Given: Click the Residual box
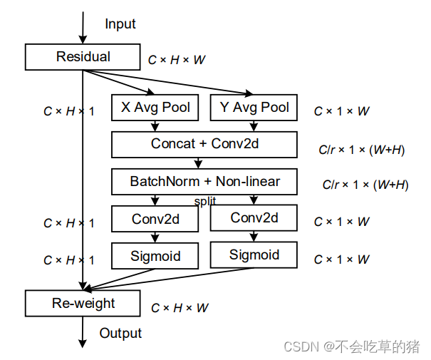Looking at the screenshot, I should click(x=83, y=56).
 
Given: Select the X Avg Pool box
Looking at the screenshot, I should click(x=155, y=108).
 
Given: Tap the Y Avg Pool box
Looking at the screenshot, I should click(x=254, y=108).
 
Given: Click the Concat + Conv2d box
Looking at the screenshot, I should click(x=204, y=144).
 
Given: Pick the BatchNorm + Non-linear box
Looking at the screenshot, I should click(x=204, y=182).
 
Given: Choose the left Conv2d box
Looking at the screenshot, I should click(x=155, y=219).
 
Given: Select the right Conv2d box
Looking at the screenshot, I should click(x=254, y=218).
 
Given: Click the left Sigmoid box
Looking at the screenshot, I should click(x=155, y=256).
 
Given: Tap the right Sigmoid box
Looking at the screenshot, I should click(x=254, y=255).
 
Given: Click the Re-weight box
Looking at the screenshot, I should click(x=83, y=303).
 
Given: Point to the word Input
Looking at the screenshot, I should click(x=120, y=24).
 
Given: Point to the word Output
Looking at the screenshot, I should click(x=120, y=333).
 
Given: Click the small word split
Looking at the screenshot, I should click(x=204, y=202).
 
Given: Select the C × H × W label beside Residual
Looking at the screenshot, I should click(x=177, y=60).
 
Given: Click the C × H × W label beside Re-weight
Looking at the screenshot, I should click(x=180, y=308).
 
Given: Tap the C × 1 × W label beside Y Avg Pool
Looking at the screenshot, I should click(x=342, y=111).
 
